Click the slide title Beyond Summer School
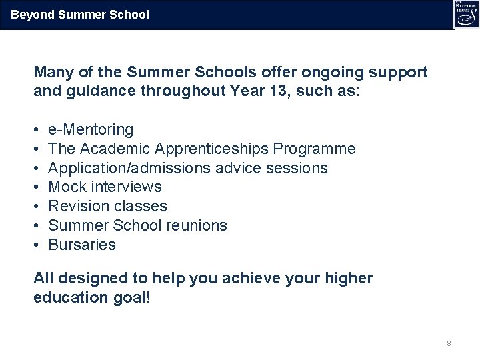click(80, 14)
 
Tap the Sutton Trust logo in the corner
click(465, 14)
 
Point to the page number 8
click(449, 343)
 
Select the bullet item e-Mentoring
click(91, 129)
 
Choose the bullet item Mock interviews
click(105, 187)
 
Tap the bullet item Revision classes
click(108, 206)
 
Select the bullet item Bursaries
click(82, 245)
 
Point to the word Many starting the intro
click(52, 72)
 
